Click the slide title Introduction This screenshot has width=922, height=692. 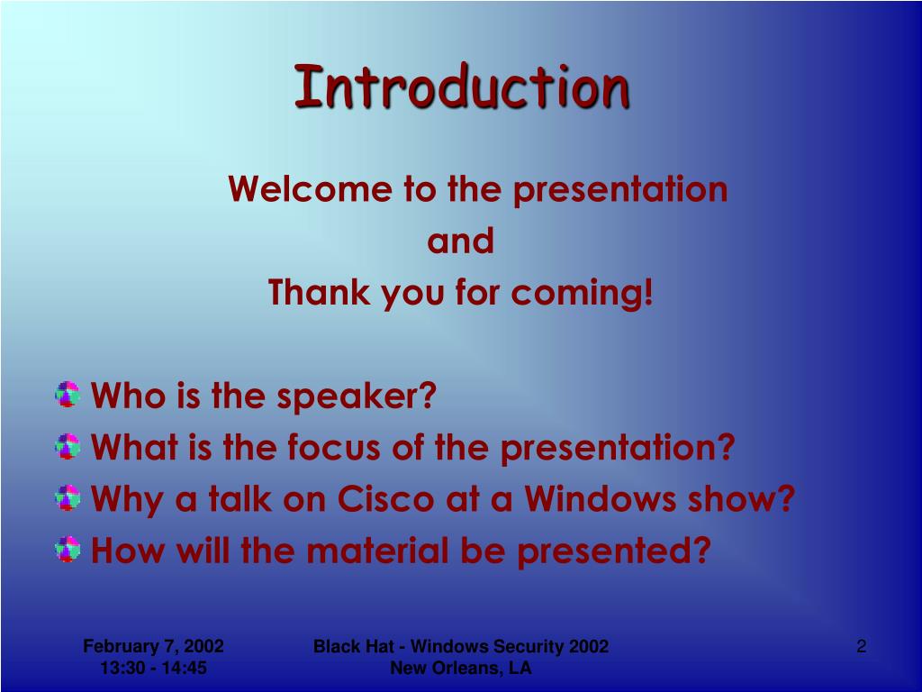(x=462, y=86)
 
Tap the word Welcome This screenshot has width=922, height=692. (x=310, y=189)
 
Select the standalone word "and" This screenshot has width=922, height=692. (x=460, y=241)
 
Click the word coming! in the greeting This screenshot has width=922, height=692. (x=583, y=294)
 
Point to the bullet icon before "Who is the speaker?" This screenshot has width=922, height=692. (x=68, y=395)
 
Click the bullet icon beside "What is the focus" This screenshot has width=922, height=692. (x=68, y=446)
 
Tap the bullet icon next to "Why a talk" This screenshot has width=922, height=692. (x=68, y=497)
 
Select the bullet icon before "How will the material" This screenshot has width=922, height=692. (x=68, y=549)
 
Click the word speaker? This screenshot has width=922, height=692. (x=357, y=396)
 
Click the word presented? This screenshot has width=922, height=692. (x=614, y=552)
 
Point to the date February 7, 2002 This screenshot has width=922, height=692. (x=153, y=646)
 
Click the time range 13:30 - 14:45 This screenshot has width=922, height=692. (x=153, y=668)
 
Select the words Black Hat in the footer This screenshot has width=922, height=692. (x=353, y=646)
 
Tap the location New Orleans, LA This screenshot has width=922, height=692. (x=461, y=668)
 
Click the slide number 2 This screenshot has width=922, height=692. (x=862, y=646)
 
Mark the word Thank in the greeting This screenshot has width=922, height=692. (x=320, y=293)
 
